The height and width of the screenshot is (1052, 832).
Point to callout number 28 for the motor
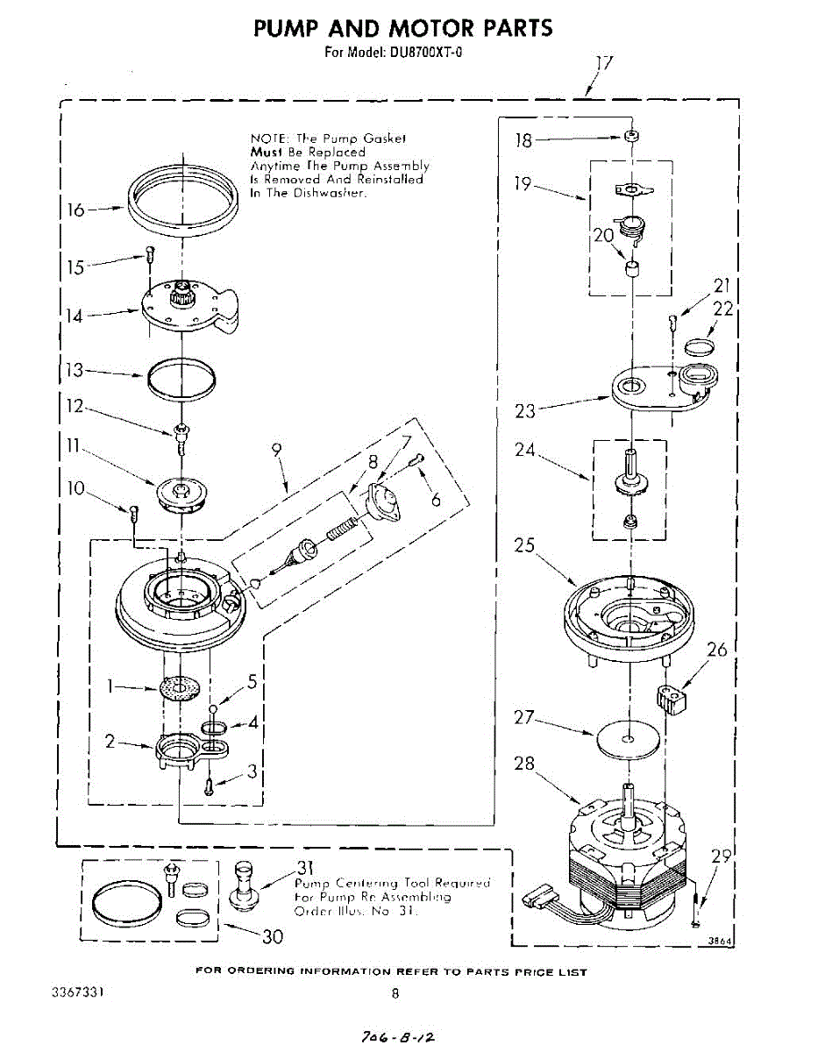click(524, 764)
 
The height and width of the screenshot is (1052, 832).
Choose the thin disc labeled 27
click(628, 740)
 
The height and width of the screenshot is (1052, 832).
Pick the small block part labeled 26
click(672, 699)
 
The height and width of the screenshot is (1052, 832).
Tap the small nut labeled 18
click(629, 137)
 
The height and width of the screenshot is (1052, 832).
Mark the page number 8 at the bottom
click(395, 993)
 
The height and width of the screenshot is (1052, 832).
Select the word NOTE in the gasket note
click(268, 139)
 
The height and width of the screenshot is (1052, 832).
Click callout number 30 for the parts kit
click(274, 936)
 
